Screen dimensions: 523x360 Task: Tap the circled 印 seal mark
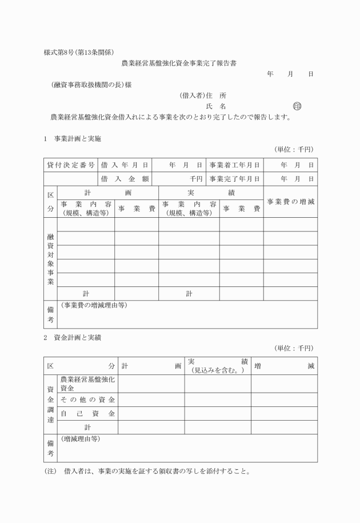[x=296, y=106]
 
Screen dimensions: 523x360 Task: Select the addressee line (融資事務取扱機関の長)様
[x=91, y=85]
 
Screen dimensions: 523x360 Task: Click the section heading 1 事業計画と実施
[x=72, y=138]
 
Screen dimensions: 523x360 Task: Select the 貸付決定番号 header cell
[x=71, y=165]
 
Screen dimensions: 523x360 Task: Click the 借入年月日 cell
[x=125, y=165]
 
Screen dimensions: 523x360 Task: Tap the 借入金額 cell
[x=125, y=178]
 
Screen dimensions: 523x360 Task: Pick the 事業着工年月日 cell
[x=234, y=165]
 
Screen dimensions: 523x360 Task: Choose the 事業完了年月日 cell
[x=234, y=178]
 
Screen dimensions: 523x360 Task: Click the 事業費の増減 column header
[x=290, y=202]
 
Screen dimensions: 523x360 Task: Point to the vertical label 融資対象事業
[x=50, y=259]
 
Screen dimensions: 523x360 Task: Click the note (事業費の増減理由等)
[x=94, y=305]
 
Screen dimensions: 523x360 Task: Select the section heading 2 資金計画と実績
[x=73, y=337]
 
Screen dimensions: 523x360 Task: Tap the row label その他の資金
[x=87, y=399]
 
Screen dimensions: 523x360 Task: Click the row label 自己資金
[x=87, y=413]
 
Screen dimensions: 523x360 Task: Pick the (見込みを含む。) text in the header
[x=218, y=371]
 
